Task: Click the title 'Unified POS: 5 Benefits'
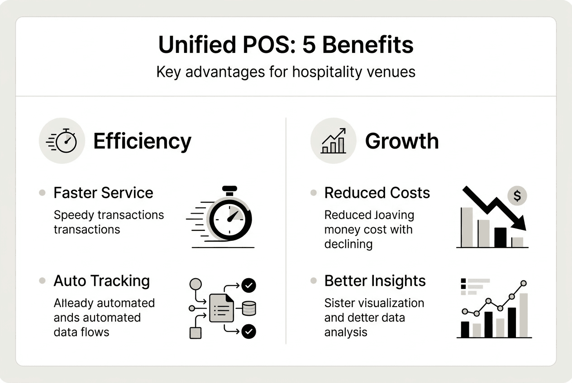(x=286, y=45)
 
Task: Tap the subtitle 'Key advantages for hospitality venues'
(x=286, y=72)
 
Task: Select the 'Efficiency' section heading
(x=142, y=141)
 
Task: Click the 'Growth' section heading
(x=402, y=141)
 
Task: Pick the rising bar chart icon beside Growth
(x=334, y=141)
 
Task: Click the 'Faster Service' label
(x=103, y=193)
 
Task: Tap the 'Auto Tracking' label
(x=101, y=281)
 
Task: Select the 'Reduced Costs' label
(x=377, y=193)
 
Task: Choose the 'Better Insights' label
(x=375, y=281)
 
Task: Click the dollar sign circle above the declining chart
(x=517, y=196)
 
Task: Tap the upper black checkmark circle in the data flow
(x=249, y=285)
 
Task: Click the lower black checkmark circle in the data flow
(x=249, y=332)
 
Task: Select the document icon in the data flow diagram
(x=222, y=308)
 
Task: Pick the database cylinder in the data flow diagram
(x=249, y=308)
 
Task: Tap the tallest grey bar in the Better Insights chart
(x=523, y=315)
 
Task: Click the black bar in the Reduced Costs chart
(x=500, y=237)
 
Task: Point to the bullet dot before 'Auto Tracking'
(x=42, y=281)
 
